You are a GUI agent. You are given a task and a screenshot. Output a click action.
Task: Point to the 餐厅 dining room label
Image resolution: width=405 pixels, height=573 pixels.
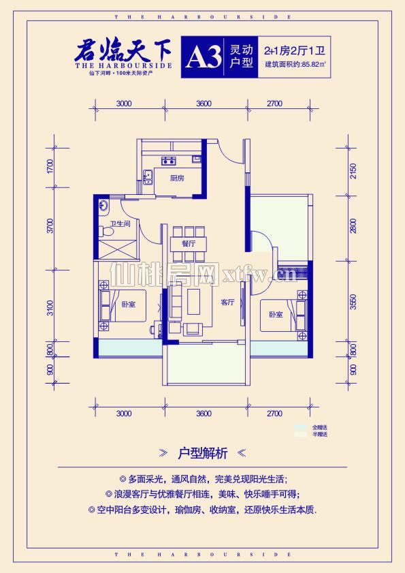[x=189, y=243]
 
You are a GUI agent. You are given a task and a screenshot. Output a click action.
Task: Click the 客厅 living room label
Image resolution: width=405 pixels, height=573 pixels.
[x=227, y=302]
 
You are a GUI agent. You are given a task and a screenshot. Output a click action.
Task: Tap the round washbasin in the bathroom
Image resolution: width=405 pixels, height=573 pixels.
[x=103, y=204]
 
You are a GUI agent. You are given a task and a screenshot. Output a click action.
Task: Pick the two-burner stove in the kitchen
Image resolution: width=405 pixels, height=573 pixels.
[x=167, y=161]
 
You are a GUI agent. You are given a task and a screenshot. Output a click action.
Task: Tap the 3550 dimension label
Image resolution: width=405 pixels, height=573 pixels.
[x=353, y=302]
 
